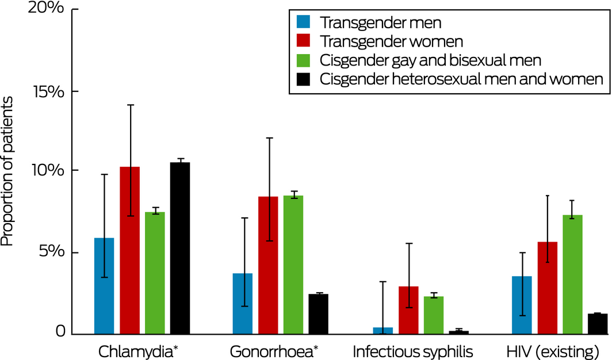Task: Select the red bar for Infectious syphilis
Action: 408,310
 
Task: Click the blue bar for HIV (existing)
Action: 522,305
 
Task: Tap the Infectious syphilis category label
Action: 413,350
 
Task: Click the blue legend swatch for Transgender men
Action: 303,22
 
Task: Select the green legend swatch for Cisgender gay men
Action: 303,60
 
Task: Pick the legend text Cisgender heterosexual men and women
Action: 461,79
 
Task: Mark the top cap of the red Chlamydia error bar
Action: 130,105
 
